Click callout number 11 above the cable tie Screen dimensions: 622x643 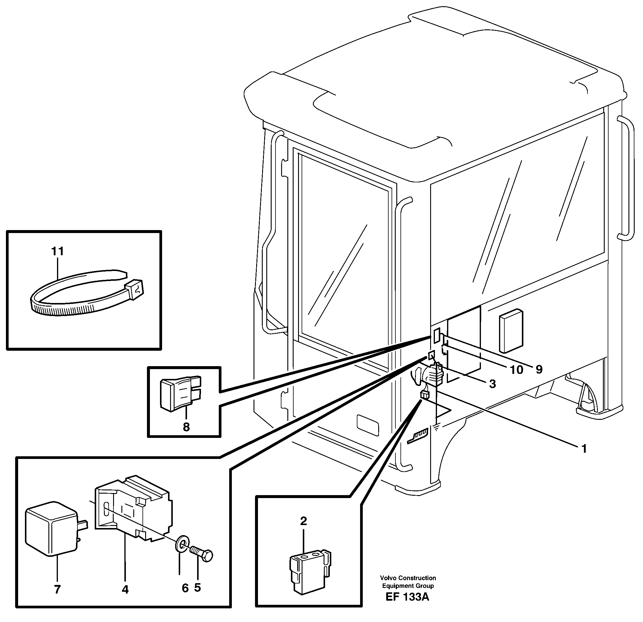pos(57,251)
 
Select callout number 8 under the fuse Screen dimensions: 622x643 pos(186,427)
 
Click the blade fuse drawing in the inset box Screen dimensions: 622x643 pos(180,393)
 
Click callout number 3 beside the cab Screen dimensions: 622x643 pos(492,384)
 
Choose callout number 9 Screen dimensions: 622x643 pos(539,370)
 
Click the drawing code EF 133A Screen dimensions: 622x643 pos(407,606)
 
